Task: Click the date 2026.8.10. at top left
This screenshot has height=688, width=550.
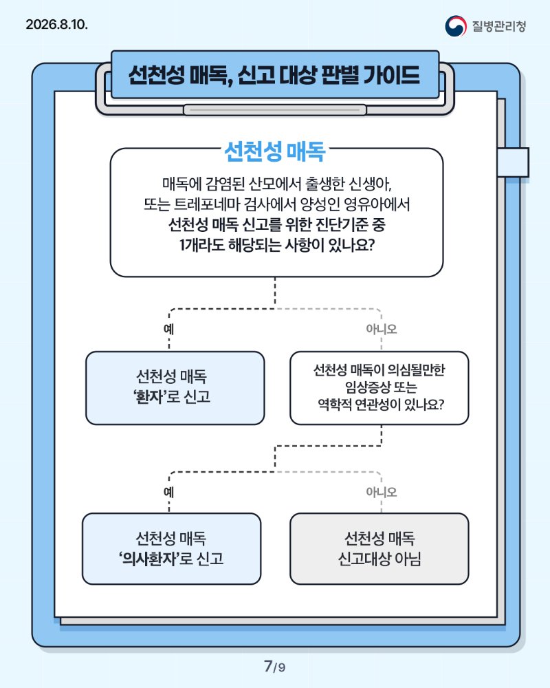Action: point(56,24)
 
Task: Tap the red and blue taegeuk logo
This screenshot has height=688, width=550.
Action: point(456,26)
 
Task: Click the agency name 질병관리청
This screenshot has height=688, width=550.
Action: point(498,26)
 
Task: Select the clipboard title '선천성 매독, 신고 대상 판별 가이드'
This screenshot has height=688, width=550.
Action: point(274,75)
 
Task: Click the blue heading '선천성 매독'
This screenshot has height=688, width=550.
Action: point(274,151)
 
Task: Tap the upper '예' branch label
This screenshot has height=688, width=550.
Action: point(169,329)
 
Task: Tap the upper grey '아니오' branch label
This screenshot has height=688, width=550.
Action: point(381,329)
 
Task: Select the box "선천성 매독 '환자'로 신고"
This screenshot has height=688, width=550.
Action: point(175,388)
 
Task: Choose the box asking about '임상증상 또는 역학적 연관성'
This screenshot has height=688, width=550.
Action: point(379,388)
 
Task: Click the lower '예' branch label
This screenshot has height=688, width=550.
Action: point(169,493)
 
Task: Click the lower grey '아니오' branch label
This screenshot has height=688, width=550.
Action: point(381,493)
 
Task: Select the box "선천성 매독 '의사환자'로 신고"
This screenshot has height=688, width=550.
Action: point(171,548)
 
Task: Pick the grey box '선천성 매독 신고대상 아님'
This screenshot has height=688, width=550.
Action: point(379,548)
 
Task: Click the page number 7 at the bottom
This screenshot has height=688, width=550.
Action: point(268,665)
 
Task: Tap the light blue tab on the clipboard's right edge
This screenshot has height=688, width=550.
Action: point(513,162)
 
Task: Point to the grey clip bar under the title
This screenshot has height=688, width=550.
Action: point(274,109)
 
